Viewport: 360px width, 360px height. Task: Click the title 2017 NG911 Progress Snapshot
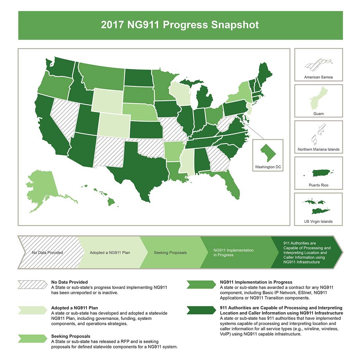tap(180, 25)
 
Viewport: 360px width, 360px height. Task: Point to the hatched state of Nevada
tap(64, 117)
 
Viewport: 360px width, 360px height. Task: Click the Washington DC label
tap(268, 167)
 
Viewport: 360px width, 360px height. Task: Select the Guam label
tap(318, 114)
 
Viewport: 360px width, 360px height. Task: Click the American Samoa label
tap(318, 77)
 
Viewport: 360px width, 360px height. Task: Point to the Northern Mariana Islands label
tap(318, 149)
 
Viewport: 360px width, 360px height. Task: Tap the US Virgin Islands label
tap(318, 221)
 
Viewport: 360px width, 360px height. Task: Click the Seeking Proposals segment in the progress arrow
tap(170, 253)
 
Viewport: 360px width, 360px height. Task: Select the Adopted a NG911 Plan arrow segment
tap(110, 253)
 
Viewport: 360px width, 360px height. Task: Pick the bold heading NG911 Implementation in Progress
tap(256, 282)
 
